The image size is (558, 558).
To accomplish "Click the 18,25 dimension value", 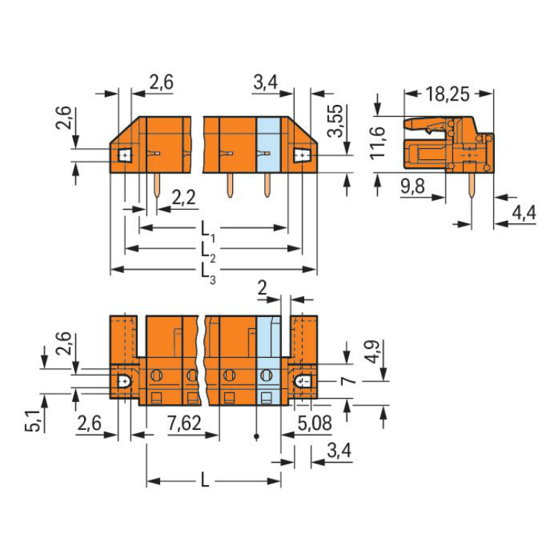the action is click(x=448, y=94).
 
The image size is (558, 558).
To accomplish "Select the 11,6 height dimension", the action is click(x=377, y=142).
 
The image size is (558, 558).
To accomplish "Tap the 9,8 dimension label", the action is click(x=412, y=186).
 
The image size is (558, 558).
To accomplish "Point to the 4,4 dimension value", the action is click(x=524, y=213).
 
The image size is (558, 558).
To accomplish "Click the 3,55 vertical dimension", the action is click(x=336, y=121).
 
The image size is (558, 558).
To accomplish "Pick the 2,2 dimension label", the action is click(x=184, y=197).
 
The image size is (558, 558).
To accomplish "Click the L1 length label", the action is click(x=208, y=231).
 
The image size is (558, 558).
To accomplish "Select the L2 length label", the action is click(x=208, y=252).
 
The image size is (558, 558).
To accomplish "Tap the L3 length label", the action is click(x=208, y=274).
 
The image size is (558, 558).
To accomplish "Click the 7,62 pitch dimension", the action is click(x=185, y=423).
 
